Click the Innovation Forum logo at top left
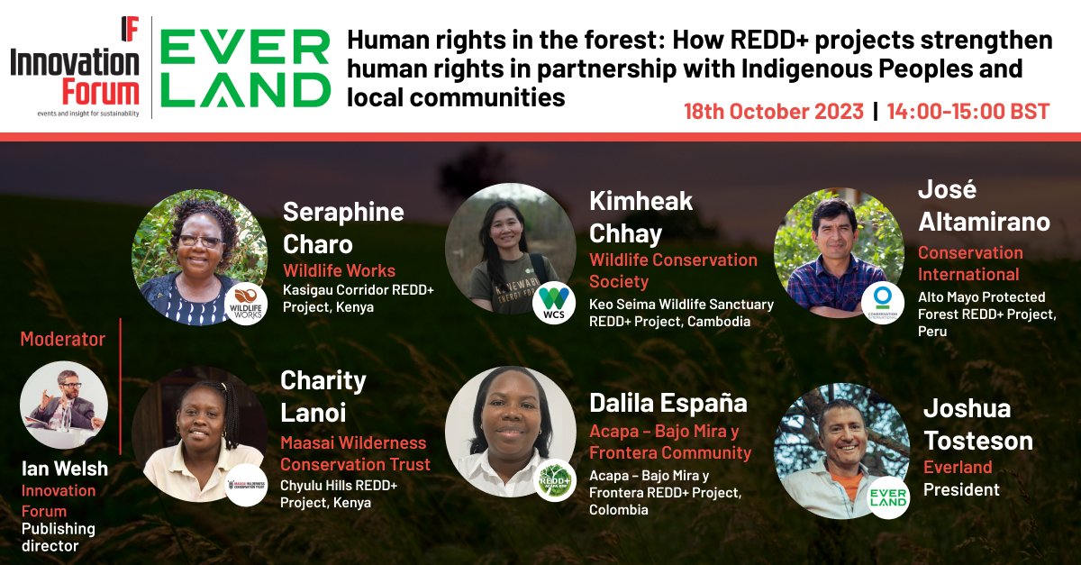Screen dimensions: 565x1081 75,68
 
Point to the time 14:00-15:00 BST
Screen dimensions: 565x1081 967,112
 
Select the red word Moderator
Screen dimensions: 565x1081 63,340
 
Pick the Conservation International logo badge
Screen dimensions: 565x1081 882,303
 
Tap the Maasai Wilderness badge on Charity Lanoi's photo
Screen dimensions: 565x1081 245,485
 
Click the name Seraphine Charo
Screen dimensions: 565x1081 343,228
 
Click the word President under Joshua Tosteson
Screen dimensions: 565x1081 961,490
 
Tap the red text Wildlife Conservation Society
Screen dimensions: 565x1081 673,270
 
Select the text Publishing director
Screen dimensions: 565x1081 59,537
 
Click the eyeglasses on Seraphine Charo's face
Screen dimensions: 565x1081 199,241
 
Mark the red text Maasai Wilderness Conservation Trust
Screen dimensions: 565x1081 355,453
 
